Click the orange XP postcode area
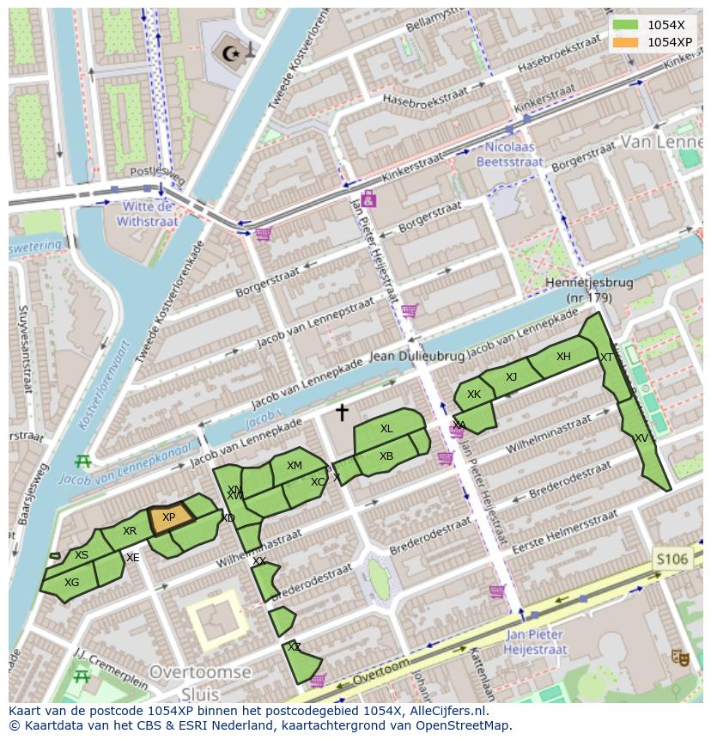[169, 518]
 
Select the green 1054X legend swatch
[625, 25]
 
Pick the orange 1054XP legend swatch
[625, 42]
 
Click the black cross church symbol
[342, 413]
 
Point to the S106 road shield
[671, 560]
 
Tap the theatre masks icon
[681, 657]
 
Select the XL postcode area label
[386, 429]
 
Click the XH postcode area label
[563, 357]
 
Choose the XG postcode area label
[71, 583]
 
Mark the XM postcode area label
[295, 466]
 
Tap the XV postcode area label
[641, 438]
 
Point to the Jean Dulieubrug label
[416, 356]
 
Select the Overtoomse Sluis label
[199, 682]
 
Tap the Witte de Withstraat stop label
[149, 214]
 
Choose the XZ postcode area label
[294, 647]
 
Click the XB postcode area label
[386, 456]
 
